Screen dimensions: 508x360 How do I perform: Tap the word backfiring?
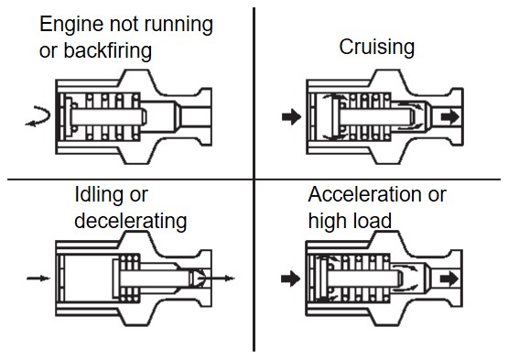108,50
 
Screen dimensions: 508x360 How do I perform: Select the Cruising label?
377,48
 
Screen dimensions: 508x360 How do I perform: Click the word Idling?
102,196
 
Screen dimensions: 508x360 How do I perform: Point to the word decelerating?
131,221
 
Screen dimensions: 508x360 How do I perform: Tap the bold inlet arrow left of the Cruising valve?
291,116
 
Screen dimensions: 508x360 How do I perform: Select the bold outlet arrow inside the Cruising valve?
449,116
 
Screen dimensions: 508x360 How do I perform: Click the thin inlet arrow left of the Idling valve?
38,278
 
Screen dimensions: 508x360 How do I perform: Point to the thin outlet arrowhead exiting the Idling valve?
230,278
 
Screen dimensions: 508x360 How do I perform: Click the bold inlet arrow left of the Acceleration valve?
290,278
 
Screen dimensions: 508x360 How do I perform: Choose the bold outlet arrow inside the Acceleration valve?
449,278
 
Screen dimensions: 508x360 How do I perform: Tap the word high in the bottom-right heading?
328,221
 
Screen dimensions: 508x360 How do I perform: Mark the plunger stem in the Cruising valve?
376,116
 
